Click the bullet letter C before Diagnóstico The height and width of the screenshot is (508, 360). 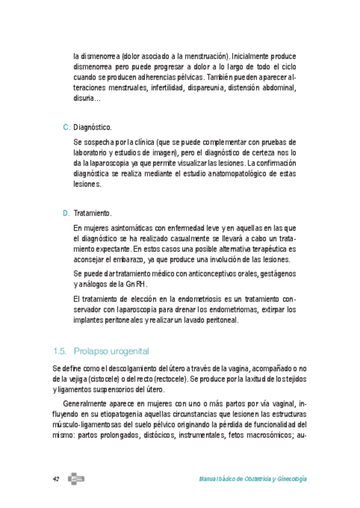tap(66, 128)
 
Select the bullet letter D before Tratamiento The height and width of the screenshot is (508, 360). tap(66, 214)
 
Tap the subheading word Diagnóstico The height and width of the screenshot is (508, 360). tap(92, 128)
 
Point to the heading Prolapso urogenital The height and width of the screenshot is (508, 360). tap(111, 350)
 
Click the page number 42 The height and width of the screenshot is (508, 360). tap(56, 479)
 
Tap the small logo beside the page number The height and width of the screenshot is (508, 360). tap(76, 479)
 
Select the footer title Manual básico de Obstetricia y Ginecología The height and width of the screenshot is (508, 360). tap(253, 479)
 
